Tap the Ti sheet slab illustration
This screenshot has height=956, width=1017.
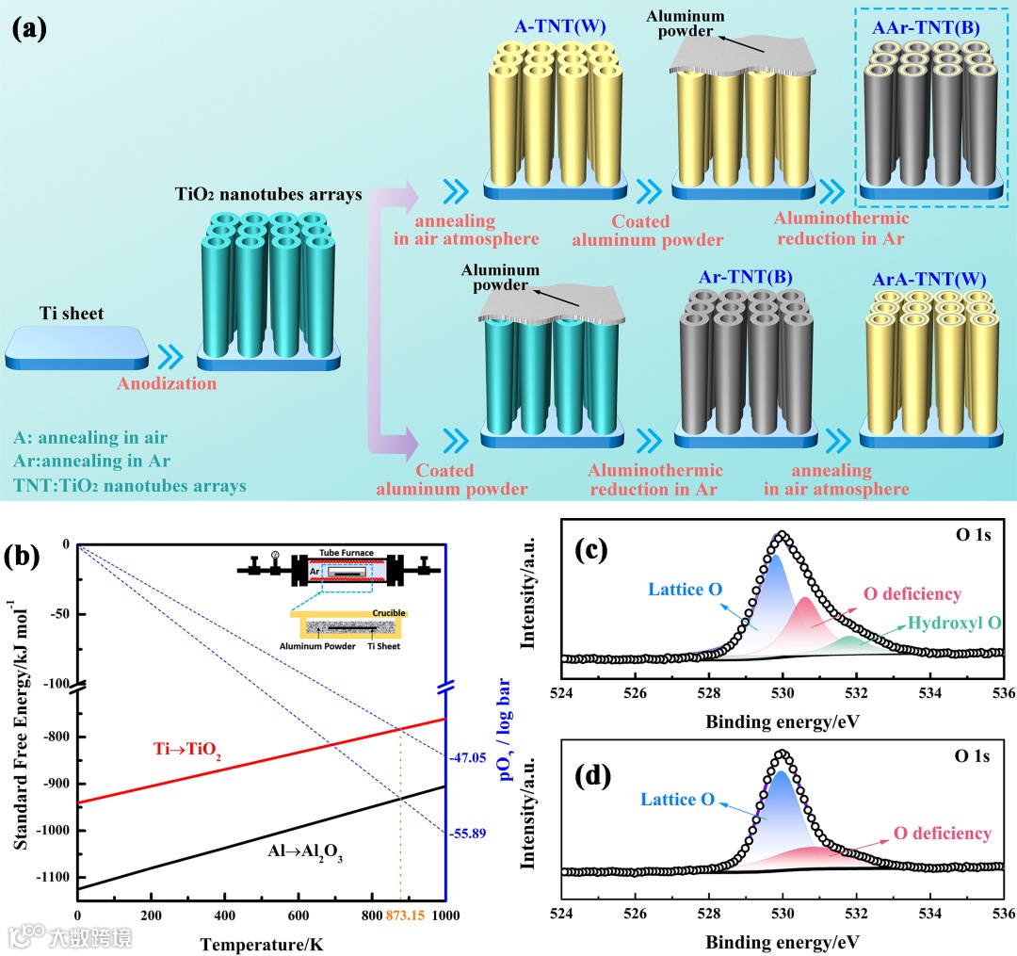(76, 348)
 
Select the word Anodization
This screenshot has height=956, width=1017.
(167, 383)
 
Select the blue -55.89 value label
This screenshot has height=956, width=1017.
(467, 833)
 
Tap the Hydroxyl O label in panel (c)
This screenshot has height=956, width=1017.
(953, 624)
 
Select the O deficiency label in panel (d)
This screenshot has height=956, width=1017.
(942, 834)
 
